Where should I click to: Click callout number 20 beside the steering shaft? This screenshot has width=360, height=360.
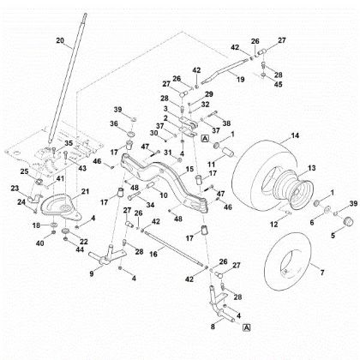coord(60,40)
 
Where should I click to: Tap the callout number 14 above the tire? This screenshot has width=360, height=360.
coord(295,136)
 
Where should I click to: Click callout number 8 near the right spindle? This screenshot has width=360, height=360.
coord(213,326)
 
